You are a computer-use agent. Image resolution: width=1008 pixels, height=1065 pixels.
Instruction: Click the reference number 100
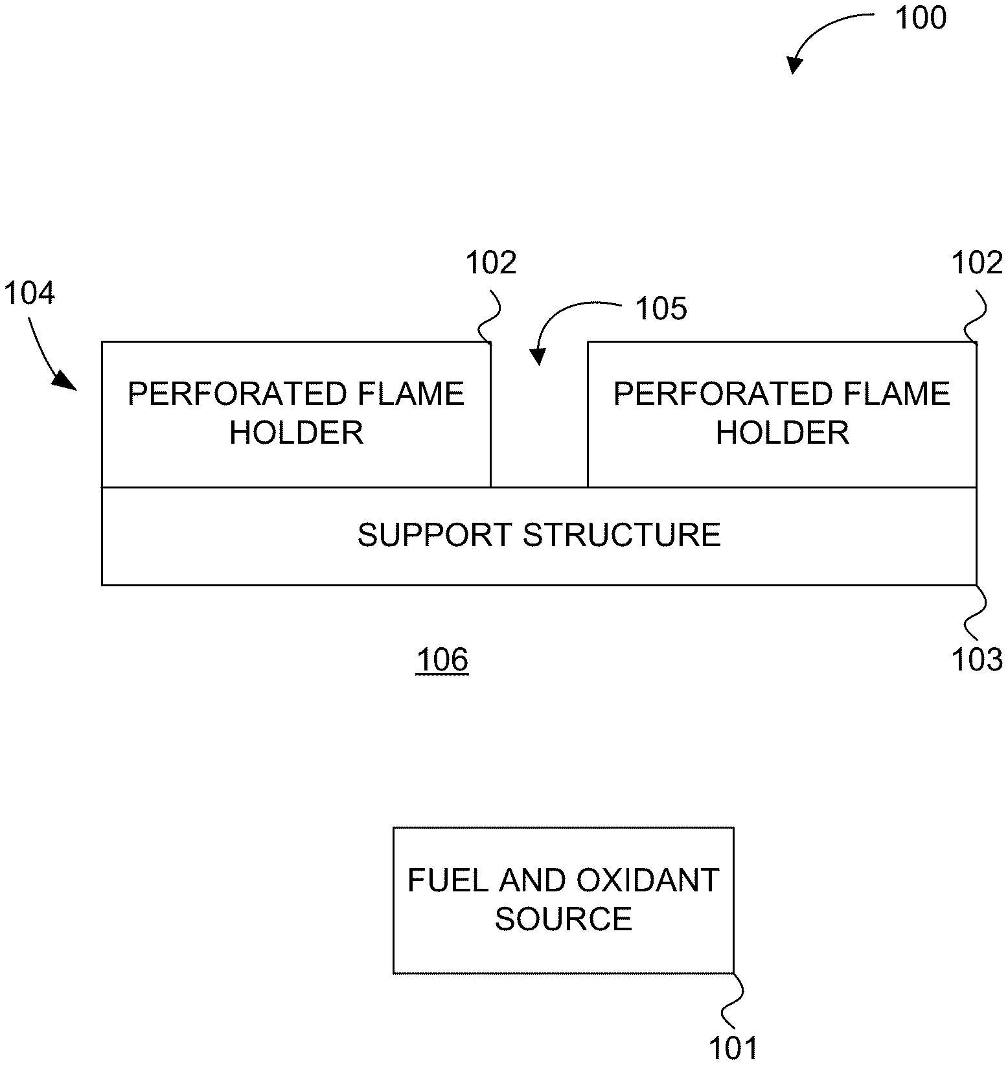(920, 18)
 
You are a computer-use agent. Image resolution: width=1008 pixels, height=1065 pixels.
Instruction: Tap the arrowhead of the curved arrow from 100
(794, 65)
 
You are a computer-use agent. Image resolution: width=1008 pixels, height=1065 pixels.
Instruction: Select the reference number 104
(29, 293)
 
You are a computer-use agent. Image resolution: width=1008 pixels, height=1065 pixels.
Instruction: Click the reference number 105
(660, 309)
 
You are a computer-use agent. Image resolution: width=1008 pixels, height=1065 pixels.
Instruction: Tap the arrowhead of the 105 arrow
(538, 356)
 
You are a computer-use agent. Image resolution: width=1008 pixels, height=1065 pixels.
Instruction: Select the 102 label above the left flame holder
(491, 263)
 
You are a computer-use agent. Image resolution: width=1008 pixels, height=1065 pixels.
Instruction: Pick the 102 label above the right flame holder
(976, 263)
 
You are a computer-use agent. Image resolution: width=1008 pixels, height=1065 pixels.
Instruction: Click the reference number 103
(976, 659)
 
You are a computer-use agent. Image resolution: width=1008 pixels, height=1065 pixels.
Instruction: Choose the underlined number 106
(442, 660)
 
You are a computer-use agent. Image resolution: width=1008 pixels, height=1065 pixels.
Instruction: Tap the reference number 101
(733, 1048)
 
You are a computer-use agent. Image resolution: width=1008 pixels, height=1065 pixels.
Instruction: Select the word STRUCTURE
(622, 535)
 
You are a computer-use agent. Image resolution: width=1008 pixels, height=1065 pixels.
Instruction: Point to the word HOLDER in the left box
(296, 433)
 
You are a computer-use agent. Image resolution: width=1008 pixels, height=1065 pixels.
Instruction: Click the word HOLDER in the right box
(782, 433)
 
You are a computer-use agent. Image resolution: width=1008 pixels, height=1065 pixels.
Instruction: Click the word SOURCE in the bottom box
(563, 919)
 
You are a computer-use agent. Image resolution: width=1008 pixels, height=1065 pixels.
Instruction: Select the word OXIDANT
(647, 880)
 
